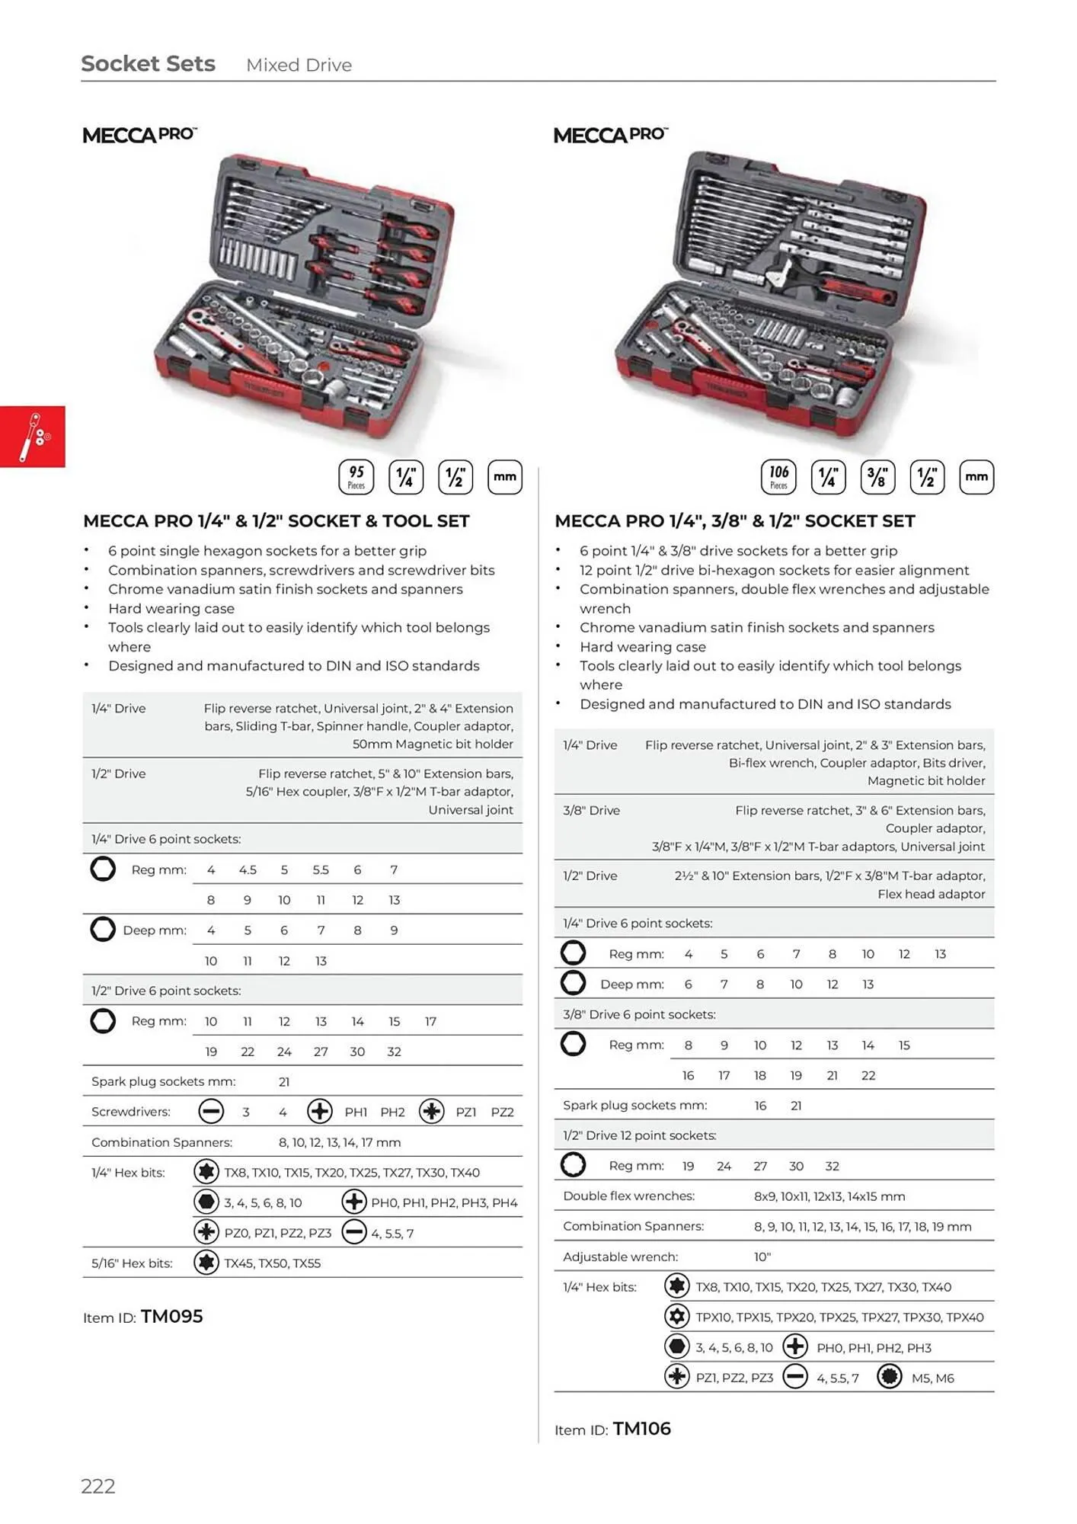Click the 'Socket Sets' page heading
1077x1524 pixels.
[x=148, y=64]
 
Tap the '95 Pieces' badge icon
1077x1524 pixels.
[x=356, y=477]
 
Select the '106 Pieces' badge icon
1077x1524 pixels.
[x=778, y=477]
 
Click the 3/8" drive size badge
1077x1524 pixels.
[x=877, y=477]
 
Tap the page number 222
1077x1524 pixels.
[x=98, y=1486]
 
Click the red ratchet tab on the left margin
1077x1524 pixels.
[x=33, y=437]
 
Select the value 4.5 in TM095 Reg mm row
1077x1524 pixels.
[x=248, y=869]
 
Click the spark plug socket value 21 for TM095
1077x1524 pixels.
[x=284, y=1081]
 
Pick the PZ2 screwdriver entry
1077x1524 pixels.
[x=502, y=1112]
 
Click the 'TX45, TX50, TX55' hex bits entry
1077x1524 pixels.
[x=272, y=1263]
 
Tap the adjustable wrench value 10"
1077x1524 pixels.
[x=762, y=1257]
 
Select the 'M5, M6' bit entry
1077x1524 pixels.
[x=932, y=1378]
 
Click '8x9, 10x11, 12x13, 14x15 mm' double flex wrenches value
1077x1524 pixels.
[x=829, y=1196]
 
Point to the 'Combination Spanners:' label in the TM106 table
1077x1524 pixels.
[x=633, y=1226]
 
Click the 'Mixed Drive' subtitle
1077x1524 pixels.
[x=299, y=66]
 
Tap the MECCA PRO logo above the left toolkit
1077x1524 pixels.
[x=139, y=135]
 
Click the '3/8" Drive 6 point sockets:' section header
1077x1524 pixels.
[x=639, y=1014]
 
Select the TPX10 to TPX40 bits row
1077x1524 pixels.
[x=839, y=1317]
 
